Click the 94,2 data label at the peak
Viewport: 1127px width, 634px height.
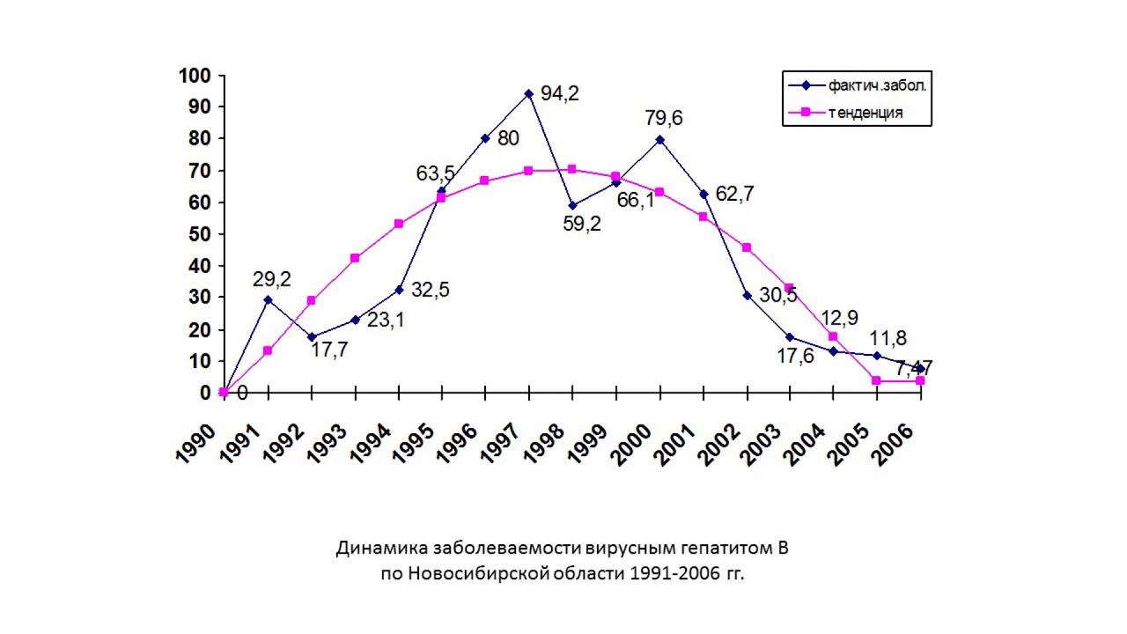[560, 94]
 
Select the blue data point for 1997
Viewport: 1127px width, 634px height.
[528, 93]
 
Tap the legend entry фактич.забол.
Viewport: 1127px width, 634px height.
[876, 85]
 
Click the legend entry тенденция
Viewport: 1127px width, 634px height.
[865, 113]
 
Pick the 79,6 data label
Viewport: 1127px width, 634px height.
[665, 118]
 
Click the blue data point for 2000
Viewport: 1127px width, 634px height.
[659, 139]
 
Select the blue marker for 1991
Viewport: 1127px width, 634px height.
[268, 299]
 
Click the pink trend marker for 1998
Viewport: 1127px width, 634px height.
[572, 169]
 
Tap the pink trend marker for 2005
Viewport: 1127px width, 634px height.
[877, 380]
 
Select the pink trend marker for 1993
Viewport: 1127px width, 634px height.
[355, 258]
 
